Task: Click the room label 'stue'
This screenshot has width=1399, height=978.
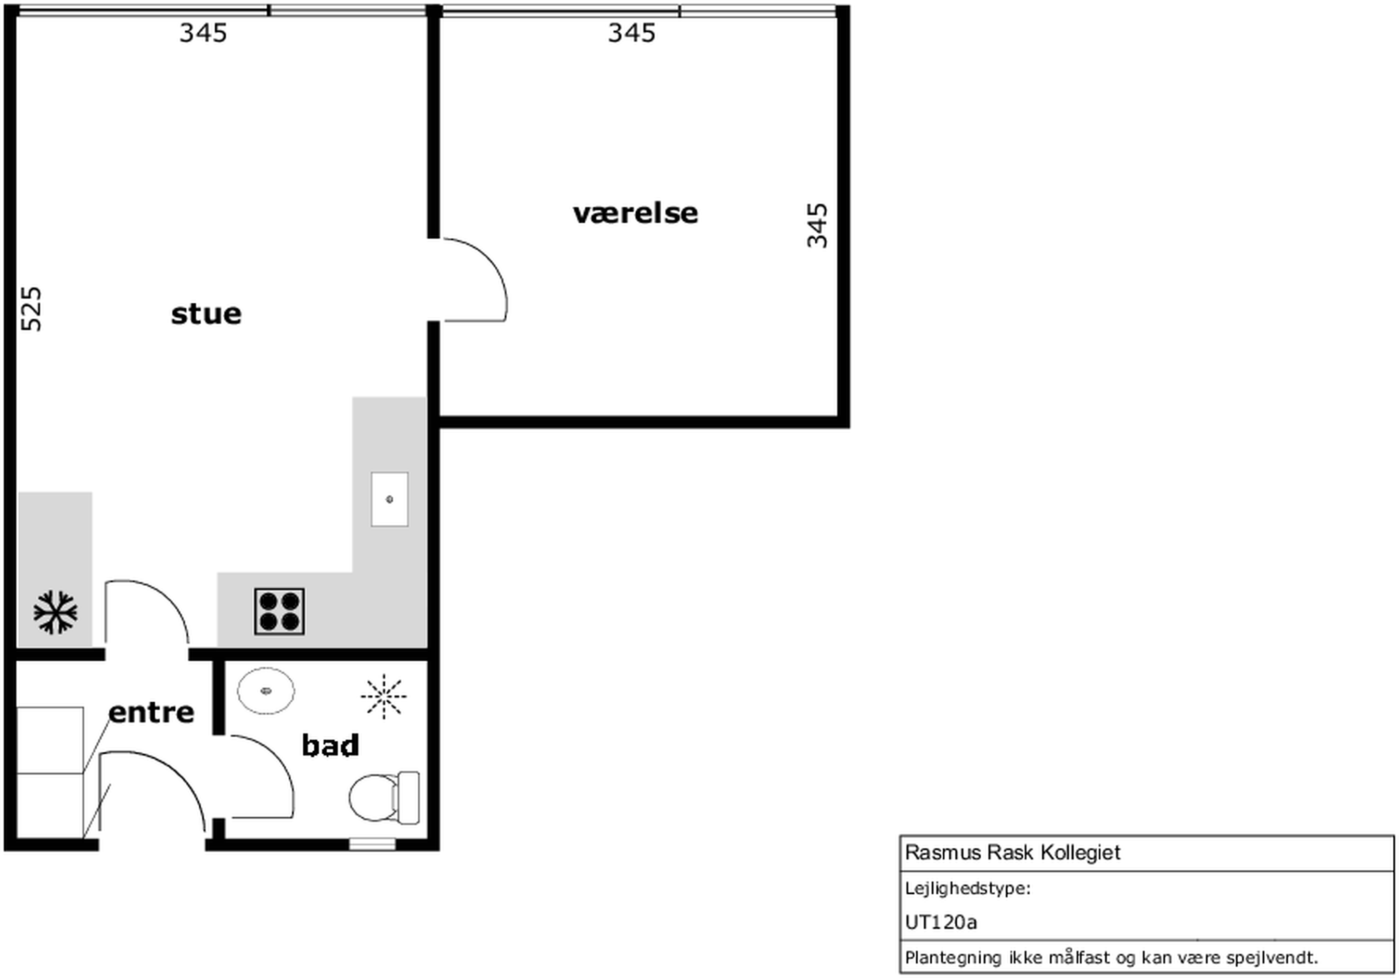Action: (206, 314)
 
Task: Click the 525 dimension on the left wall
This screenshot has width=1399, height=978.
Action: (32, 309)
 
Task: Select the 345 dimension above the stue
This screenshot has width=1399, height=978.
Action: (203, 33)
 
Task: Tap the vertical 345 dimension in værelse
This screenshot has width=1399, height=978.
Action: (817, 225)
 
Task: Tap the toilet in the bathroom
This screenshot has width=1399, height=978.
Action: (384, 797)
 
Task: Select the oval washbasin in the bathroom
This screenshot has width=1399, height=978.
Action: (266, 691)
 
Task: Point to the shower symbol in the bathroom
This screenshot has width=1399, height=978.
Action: (383, 697)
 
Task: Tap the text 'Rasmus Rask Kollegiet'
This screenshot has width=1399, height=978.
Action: (1012, 853)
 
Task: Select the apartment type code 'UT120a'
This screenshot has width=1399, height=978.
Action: (941, 922)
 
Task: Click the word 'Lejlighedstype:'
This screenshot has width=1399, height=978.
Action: (968, 889)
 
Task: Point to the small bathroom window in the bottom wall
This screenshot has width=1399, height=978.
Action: (371, 844)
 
